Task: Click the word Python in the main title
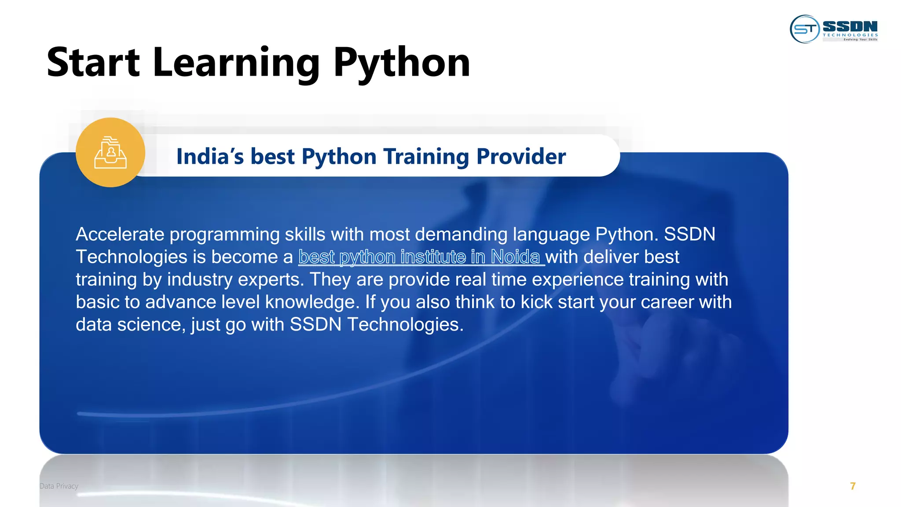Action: (401, 62)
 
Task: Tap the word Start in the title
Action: (93, 62)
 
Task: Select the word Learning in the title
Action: (236, 62)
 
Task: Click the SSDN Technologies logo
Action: (834, 29)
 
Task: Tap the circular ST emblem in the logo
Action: (805, 29)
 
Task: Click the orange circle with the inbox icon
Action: (110, 152)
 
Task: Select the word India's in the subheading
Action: (210, 156)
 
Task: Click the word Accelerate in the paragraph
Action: (120, 234)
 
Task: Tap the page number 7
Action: (853, 486)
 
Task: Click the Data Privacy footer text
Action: (59, 486)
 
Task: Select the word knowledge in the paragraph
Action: (310, 302)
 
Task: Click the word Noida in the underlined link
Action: (515, 257)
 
